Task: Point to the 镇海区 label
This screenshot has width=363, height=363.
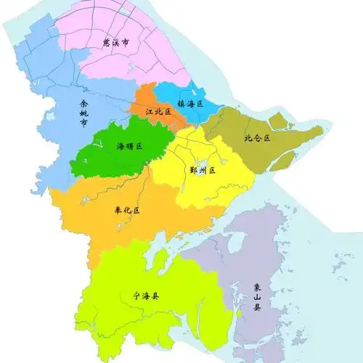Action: tap(190, 104)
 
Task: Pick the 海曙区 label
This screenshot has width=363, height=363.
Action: tap(130, 146)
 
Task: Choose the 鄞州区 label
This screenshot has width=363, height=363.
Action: tap(203, 171)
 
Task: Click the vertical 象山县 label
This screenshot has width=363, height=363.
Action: tap(256, 297)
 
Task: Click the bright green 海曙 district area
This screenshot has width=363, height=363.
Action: tap(109, 156)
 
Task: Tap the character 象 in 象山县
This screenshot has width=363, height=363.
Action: tap(256, 287)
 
